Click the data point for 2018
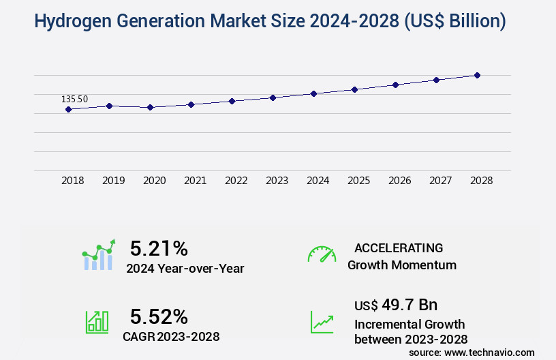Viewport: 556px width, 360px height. pos(68,109)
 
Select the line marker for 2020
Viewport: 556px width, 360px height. pos(150,107)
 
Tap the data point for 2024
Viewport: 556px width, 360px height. pos(313,93)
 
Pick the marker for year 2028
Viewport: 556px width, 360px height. pos(477,75)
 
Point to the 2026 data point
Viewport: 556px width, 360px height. pos(395,85)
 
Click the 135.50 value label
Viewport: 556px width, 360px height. pos(74,99)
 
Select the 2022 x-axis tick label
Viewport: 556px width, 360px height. pos(236,181)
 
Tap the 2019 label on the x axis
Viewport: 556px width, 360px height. pos(113,181)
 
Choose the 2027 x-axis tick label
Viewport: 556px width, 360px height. pos(440,181)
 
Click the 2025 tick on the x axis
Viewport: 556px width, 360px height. pos(358,181)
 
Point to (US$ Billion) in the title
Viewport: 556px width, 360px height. pos(455,22)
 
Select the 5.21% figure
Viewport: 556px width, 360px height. pos(159,247)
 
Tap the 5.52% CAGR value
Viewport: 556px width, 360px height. pos(159,316)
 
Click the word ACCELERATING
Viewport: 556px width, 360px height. pos(399,247)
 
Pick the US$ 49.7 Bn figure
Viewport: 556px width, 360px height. pos(396,304)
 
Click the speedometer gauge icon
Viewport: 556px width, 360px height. pos(322,254)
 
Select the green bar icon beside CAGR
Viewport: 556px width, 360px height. pos(97,322)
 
